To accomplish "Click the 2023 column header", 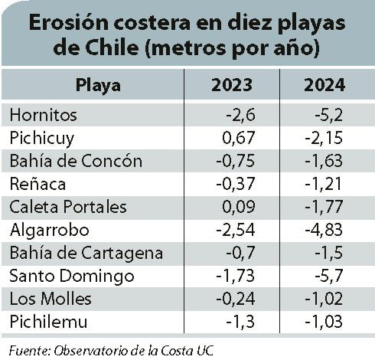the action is (232, 85).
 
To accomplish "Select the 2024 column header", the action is (324, 85).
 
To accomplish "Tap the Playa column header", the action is (98, 86).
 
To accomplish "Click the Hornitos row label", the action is (43, 115).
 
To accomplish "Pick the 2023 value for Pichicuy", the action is (239, 138).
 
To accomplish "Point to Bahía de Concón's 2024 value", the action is (324, 161).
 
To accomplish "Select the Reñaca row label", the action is (37, 184).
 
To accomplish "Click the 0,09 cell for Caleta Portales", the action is (239, 207).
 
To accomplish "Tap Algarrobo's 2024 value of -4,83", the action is (324, 230).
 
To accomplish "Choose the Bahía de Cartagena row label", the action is (86, 254).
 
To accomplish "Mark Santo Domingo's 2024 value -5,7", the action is (329, 276).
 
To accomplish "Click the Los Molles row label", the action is (51, 299).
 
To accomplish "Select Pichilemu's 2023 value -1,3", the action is (240, 322).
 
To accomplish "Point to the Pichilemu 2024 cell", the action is (324, 322).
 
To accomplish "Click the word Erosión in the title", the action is (69, 23).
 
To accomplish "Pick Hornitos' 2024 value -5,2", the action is (329, 115).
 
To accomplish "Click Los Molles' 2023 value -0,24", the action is (236, 299).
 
